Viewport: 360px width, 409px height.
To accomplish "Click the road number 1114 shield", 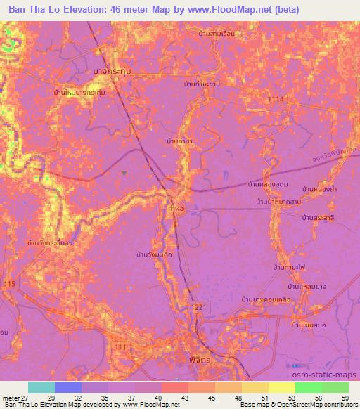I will (x=276, y=100).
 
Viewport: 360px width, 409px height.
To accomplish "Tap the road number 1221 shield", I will (x=198, y=308).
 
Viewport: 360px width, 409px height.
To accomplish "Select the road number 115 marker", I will (x=8, y=283).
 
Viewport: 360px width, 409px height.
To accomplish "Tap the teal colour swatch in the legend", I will (x=41, y=387).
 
